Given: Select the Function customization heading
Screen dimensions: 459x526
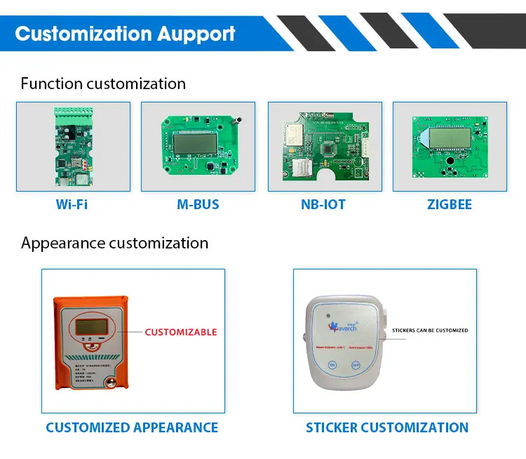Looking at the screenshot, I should pos(103,84).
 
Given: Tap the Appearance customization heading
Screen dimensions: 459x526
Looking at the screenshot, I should pos(114,243).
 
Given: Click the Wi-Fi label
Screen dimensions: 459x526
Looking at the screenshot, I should pos(72,205).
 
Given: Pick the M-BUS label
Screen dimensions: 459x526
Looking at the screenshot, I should pos(198,205).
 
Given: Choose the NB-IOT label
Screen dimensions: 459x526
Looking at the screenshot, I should pos(323,205).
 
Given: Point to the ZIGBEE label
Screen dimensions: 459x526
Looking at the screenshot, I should pos(449,205).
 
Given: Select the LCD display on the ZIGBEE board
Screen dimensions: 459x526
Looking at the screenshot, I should pos(448,137).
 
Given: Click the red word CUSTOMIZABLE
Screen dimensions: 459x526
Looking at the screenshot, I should pos(181,332).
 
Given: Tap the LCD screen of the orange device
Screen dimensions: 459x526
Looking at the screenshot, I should pos(86,326).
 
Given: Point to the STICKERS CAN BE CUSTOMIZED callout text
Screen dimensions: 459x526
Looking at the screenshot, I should pos(430,330).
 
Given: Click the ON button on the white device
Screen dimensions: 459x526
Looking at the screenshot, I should pos(333,366).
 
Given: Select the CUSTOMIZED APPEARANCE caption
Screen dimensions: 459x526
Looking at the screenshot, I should pos(132,427).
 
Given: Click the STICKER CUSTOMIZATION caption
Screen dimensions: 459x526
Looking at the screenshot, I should pos(386,427).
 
